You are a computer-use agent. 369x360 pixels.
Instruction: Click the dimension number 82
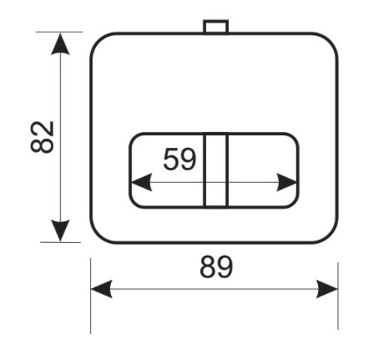[x=42, y=136]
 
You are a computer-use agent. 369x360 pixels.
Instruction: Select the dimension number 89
[x=217, y=267]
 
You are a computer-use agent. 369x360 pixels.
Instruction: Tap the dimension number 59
[x=179, y=159]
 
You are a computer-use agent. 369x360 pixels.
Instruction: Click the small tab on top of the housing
[x=215, y=26]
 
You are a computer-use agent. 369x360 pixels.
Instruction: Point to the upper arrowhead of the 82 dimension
[x=60, y=44]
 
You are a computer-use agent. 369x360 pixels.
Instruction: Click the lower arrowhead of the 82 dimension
[x=60, y=231]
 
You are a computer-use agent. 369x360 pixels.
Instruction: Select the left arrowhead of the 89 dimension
[x=101, y=289]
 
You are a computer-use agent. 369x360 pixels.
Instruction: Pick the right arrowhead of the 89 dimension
[x=327, y=289]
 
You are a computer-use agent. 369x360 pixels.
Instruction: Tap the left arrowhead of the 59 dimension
[x=142, y=182]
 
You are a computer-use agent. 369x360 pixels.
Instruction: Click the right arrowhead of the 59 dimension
[x=286, y=182]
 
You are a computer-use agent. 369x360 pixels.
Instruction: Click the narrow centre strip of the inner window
[x=216, y=170]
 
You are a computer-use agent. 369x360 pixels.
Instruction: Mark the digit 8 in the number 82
[x=42, y=145]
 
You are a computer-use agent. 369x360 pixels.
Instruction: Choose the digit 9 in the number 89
[x=225, y=267]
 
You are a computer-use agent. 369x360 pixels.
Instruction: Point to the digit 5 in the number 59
[x=171, y=159]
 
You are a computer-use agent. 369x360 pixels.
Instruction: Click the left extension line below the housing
[x=91, y=296]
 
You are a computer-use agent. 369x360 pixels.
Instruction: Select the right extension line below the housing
[x=338, y=296]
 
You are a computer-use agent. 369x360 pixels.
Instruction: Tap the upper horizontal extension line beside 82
[x=59, y=32]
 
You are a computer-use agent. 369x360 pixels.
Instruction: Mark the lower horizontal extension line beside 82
[x=61, y=242]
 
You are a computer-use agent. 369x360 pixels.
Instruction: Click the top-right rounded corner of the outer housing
[x=331, y=40]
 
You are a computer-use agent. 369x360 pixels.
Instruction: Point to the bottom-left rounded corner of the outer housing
[x=97, y=235]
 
